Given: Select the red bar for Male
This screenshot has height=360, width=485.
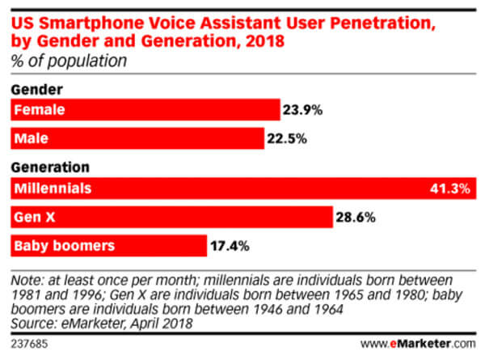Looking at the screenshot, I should click(x=137, y=138).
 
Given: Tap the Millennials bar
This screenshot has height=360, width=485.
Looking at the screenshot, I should click(x=242, y=188).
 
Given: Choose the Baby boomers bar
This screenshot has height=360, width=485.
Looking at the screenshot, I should click(x=109, y=245).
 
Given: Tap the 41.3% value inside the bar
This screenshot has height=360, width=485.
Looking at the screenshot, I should click(x=450, y=188).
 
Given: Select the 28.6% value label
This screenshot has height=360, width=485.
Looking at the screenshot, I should click(x=356, y=217).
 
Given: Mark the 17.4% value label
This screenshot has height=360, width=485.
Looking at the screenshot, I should click(x=230, y=245).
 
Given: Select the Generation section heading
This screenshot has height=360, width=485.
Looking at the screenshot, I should click(x=50, y=168).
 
